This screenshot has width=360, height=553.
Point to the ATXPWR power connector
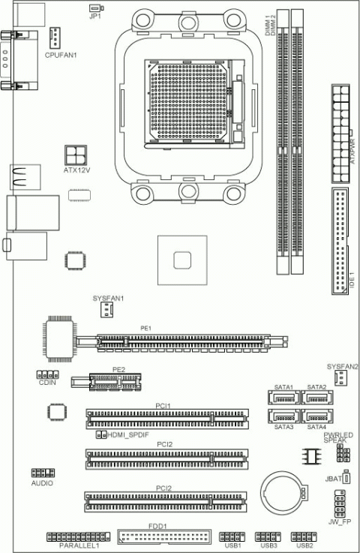click(341, 131)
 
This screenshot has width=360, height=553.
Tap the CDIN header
click(47, 374)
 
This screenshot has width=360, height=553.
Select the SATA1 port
click(283, 396)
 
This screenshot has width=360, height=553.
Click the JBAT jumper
click(346, 476)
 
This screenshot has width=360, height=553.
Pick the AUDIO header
click(42, 473)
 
